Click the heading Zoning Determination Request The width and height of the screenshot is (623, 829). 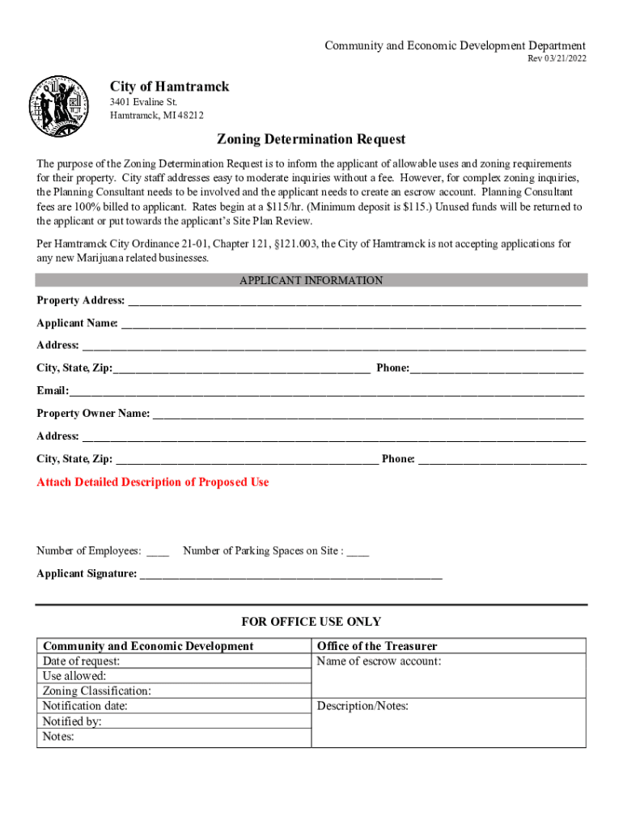click(x=311, y=139)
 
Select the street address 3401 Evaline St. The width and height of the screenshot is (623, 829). click(x=143, y=102)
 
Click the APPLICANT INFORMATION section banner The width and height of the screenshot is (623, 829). click(x=311, y=280)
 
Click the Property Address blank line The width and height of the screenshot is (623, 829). click(x=354, y=302)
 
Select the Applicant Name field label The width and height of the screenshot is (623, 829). click(x=77, y=324)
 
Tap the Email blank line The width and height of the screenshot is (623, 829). click(x=326, y=392)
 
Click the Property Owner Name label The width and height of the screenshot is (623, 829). click(x=93, y=414)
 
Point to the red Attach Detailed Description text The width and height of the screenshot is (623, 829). click(x=153, y=483)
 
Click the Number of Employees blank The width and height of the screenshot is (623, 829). click(x=158, y=553)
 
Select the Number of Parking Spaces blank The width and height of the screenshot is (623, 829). click(x=358, y=553)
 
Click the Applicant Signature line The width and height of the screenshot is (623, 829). click(x=291, y=576)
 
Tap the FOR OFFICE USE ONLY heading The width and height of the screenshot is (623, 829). click(x=311, y=622)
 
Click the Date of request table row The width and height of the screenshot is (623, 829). click(x=173, y=661)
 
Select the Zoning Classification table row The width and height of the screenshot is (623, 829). click(x=173, y=691)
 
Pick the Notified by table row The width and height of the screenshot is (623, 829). click(x=173, y=721)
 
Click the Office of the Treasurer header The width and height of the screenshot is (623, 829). click(x=377, y=646)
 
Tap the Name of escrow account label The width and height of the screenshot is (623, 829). click(x=379, y=661)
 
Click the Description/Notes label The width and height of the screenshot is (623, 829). click(x=362, y=707)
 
